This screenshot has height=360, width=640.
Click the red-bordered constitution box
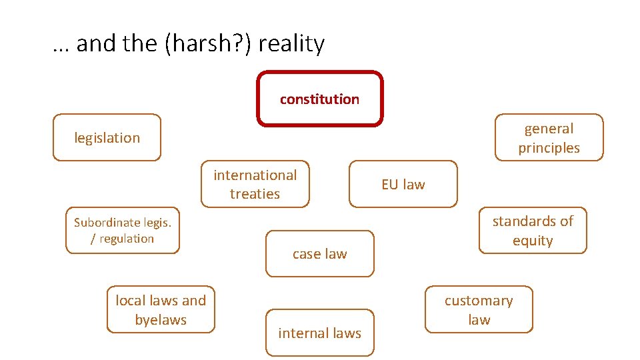320,99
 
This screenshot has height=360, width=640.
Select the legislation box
107,138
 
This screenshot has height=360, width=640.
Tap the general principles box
549,138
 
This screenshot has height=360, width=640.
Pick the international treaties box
255,184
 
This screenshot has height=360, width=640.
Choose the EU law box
403,184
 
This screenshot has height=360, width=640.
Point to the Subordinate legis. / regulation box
123,231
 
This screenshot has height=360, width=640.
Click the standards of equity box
533,231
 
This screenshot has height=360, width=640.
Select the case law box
320,253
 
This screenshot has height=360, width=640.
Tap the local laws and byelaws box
161,310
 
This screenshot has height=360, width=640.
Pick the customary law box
479,310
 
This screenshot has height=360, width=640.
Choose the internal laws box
320,333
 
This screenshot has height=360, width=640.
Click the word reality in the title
291,44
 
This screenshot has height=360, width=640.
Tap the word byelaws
161,320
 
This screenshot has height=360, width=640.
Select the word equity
533,241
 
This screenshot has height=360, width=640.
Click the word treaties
255,194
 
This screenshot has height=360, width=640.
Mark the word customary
479,301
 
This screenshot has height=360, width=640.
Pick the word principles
549,148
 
